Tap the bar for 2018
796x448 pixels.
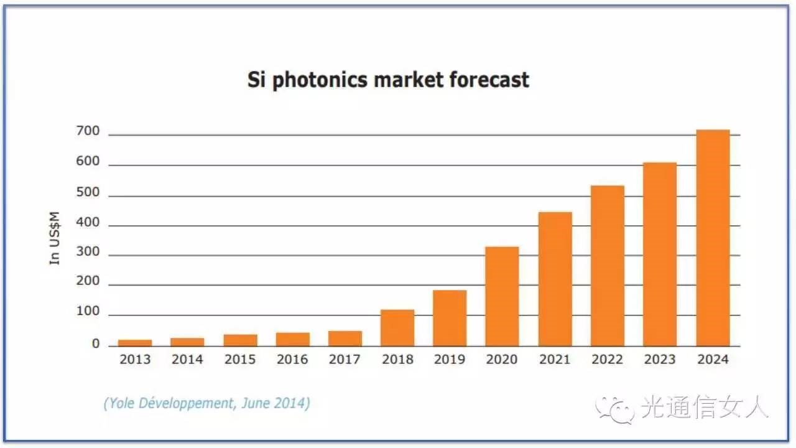point(397,328)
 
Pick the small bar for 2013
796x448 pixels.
point(135,342)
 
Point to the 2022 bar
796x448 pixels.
point(608,266)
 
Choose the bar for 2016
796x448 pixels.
point(292,339)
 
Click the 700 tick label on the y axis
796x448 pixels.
point(87,131)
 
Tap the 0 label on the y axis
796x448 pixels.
point(96,343)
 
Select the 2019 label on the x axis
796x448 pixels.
point(450,360)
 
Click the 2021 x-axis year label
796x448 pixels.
point(555,360)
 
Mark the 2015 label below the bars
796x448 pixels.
point(239,360)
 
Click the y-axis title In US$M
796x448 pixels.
point(56,238)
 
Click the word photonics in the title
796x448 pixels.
point(327,80)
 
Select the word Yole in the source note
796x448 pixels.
point(121,403)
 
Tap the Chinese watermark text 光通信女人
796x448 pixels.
point(705,409)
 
